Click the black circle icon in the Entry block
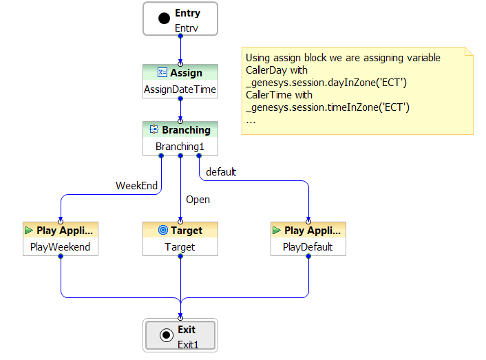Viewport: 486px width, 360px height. click(x=164, y=19)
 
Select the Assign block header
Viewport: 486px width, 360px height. click(x=180, y=73)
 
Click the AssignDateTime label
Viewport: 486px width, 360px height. click(x=180, y=89)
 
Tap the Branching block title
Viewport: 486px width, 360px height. click(x=186, y=129)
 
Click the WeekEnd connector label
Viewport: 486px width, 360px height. click(x=137, y=185)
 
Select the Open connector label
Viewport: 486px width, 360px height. click(x=198, y=200)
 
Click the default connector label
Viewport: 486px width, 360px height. click(x=221, y=172)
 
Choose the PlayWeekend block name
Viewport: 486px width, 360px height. click(x=61, y=246)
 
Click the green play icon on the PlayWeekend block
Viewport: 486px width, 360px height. click(x=29, y=231)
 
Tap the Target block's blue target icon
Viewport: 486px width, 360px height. click(x=163, y=231)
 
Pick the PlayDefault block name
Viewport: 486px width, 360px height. click(x=308, y=246)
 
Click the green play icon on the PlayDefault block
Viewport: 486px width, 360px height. click(x=276, y=231)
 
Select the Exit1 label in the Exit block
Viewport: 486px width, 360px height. click(x=187, y=343)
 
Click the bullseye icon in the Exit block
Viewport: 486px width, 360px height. click(x=165, y=335)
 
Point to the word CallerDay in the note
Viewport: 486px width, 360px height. click(x=267, y=70)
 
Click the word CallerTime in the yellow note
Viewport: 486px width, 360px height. click(x=270, y=95)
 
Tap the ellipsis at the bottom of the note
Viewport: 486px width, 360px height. click(x=251, y=120)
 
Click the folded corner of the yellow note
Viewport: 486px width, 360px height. click(x=469, y=52)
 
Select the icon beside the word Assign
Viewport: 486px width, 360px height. click(x=162, y=73)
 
